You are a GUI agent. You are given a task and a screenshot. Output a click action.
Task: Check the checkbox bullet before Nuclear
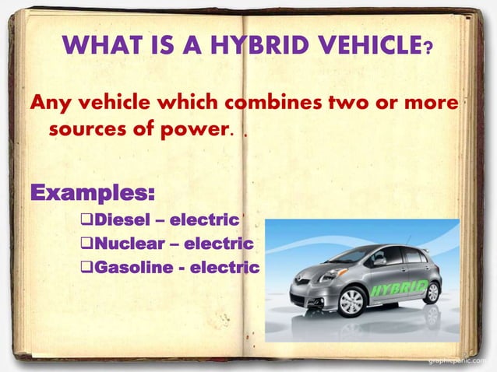87,244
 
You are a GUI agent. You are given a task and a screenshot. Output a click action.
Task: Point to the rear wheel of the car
431,292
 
